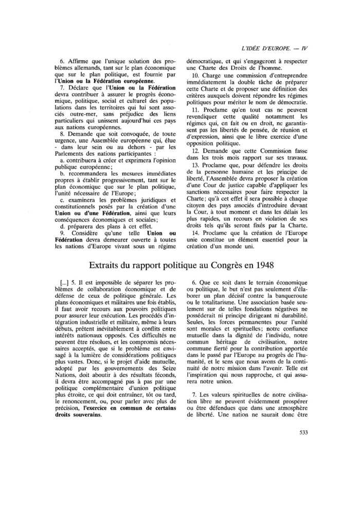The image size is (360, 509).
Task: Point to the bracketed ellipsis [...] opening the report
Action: pos(66,282)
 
